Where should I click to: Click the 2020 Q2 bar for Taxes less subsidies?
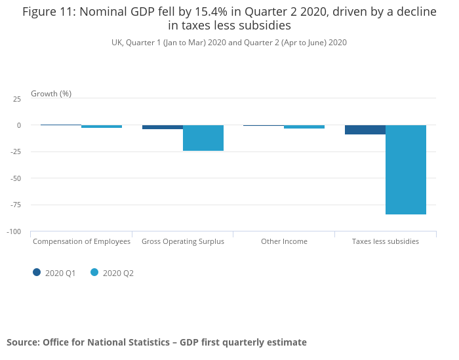(x=405, y=169)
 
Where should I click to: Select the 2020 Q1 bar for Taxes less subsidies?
(x=365, y=129)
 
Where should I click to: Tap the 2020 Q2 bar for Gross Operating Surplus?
(x=203, y=138)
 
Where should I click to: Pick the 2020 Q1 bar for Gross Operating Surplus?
(x=163, y=127)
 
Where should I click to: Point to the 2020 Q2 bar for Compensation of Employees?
(x=102, y=127)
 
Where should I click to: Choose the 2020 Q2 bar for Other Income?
(x=304, y=127)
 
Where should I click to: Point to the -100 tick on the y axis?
(x=14, y=231)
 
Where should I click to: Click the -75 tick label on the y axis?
(x=16, y=205)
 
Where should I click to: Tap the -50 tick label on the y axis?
(x=16, y=178)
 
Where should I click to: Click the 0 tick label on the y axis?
(x=18, y=125)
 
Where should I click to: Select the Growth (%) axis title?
(x=51, y=94)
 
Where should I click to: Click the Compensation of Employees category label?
(x=81, y=241)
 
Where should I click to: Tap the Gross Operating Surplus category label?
(x=183, y=241)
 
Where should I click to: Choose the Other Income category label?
(x=284, y=241)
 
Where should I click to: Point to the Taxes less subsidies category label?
(x=386, y=241)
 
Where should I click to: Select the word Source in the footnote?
(x=22, y=342)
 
